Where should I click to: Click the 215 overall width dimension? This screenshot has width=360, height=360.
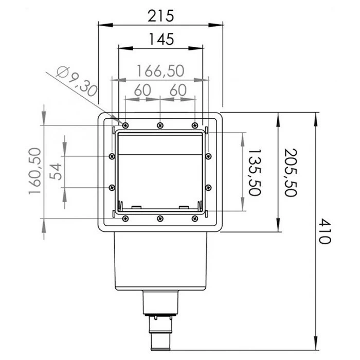point(160,15)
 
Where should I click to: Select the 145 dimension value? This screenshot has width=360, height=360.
point(160,39)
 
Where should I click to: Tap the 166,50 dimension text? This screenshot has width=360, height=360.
point(160,71)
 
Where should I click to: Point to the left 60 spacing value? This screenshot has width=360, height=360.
point(142,89)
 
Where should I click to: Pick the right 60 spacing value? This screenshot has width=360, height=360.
point(177,89)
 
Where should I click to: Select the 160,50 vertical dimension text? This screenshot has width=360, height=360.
point(35,171)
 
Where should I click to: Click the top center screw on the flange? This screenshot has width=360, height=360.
point(160,125)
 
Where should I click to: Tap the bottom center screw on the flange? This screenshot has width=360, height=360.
point(160,219)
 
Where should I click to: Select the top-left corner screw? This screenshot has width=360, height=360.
point(125,125)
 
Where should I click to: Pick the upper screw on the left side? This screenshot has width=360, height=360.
point(112,156)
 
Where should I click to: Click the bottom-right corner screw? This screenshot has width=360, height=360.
point(194,219)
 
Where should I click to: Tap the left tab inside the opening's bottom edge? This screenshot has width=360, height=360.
point(136,207)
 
